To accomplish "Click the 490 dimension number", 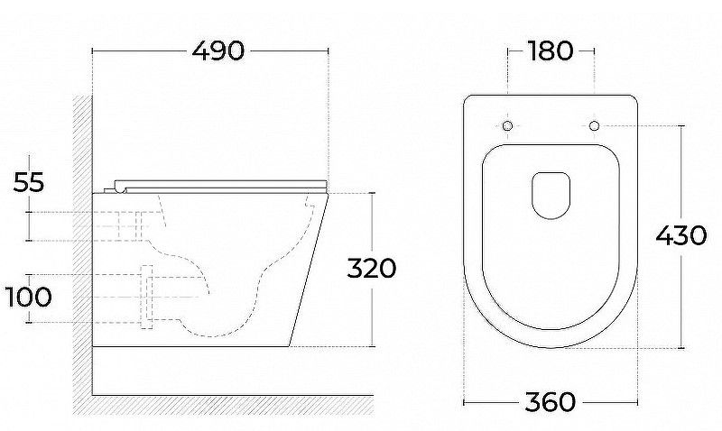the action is (218, 50).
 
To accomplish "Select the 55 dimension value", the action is (29, 182).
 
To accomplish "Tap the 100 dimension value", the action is (29, 298).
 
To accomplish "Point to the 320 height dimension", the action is (371, 268).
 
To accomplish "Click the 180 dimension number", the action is (551, 50).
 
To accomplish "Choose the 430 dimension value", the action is (681, 236).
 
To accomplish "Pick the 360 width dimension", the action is (551, 402).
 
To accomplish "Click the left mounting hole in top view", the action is (507, 125).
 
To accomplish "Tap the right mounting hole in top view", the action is (594, 125).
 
